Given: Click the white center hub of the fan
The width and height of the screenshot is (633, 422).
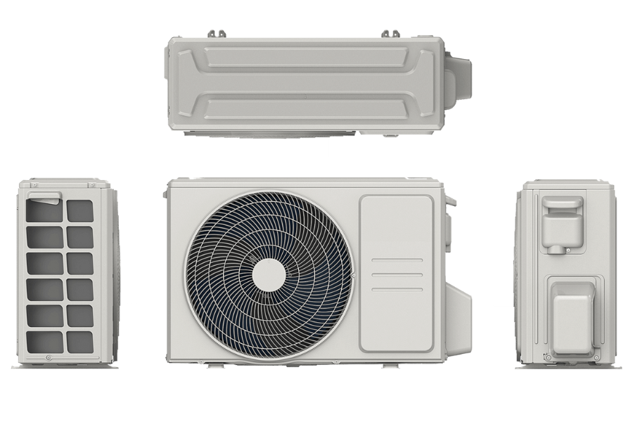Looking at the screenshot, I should point(269,274).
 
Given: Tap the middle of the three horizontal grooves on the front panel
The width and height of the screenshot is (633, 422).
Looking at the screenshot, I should point(397,274).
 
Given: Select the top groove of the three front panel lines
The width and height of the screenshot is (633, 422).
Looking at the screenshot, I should point(397,260).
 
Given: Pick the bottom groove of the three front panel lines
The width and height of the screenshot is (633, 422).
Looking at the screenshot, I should point(397,289).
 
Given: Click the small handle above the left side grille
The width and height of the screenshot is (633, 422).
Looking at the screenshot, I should point(45,196).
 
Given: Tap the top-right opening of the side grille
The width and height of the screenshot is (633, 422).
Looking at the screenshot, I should point(80,211).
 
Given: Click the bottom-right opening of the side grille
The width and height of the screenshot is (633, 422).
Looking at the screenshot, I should point(80,341).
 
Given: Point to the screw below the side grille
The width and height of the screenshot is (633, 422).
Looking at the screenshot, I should point(48,358).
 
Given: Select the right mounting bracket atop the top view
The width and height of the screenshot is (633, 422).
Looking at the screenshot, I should point(390,34).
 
